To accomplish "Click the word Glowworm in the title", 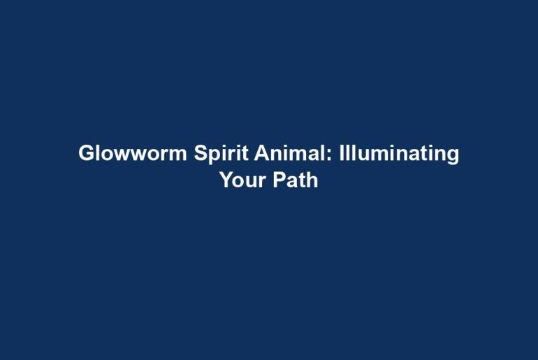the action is coord(133,153).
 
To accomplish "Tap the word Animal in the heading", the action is coord(291,153).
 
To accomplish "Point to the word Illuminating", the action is coord(399,154).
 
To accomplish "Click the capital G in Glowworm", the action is coord(87,153).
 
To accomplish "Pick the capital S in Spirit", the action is coord(201,153).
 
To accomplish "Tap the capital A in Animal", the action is coord(262,153).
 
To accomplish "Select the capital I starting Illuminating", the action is coord(342,153).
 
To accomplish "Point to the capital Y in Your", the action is coord(228,180).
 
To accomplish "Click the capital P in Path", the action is coord(279,180).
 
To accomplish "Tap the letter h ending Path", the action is coord(312,180).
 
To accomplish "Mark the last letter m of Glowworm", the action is coord(178,155).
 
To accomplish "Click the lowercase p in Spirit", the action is coord(216,157).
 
